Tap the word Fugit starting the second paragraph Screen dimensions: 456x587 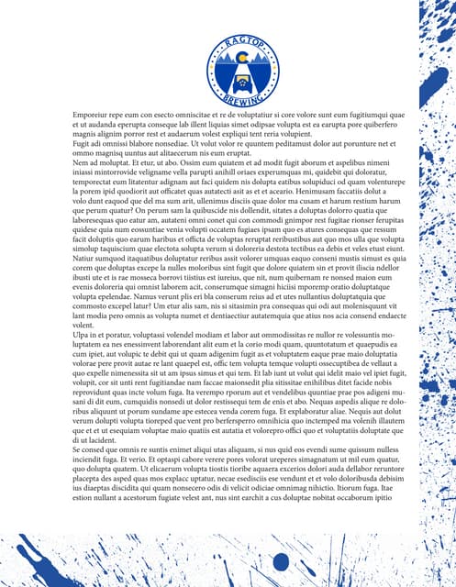[82, 145]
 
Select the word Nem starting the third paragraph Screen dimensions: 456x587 [81, 163]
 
